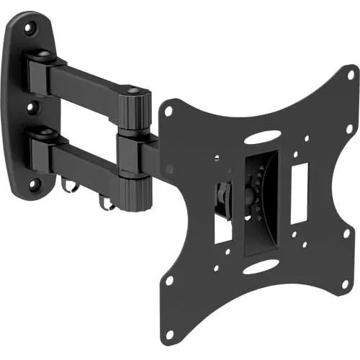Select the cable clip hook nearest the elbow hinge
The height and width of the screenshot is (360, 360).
(x=109, y=204)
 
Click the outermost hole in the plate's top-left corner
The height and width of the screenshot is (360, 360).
(x=168, y=112)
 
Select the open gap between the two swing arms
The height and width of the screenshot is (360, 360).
(x=86, y=115)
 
